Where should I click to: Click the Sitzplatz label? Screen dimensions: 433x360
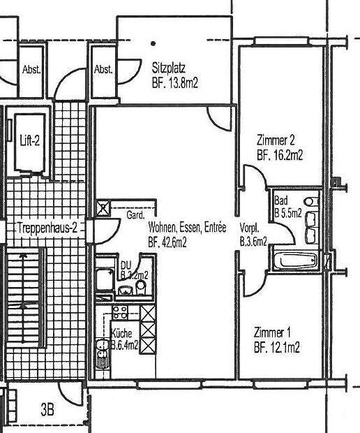coord(170,68)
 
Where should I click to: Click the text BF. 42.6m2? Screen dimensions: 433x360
coord(167,242)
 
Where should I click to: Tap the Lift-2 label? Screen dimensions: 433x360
coord(30,140)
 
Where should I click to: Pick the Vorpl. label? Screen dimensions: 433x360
coord(249,228)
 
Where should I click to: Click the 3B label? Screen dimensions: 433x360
coord(47,410)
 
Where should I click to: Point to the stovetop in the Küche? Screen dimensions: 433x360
coord(119,312)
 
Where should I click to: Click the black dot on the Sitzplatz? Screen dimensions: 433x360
coord(153,43)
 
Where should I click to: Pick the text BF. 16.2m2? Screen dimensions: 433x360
coord(280,156)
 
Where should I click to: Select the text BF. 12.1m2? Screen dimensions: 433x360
coord(277,347)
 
